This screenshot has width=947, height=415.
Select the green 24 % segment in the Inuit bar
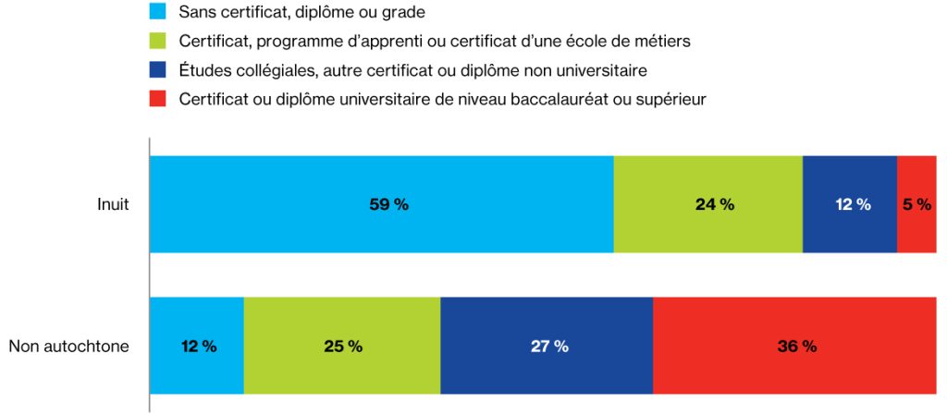tap(707, 204)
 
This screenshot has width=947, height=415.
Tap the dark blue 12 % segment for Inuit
tap(849, 204)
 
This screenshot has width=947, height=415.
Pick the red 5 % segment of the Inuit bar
tap(916, 204)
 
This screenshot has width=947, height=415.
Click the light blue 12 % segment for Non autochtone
tap(196, 346)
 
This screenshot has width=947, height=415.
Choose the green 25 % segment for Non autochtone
tap(342, 346)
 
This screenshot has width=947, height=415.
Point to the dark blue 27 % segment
tap(547, 346)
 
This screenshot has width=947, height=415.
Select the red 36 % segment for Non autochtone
tap(794, 346)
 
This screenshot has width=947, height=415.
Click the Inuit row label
tap(113, 205)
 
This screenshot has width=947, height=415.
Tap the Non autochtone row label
tap(68, 347)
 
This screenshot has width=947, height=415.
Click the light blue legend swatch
tap(158, 12)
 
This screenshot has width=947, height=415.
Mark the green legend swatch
tap(158, 41)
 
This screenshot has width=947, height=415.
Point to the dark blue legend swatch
tap(158, 69)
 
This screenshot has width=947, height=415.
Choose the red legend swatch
tap(158, 99)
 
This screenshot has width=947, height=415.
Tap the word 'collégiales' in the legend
tap(268, 70)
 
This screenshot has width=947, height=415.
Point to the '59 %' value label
tap(387, 205)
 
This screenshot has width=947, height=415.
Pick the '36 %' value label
tap(796, 347)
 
